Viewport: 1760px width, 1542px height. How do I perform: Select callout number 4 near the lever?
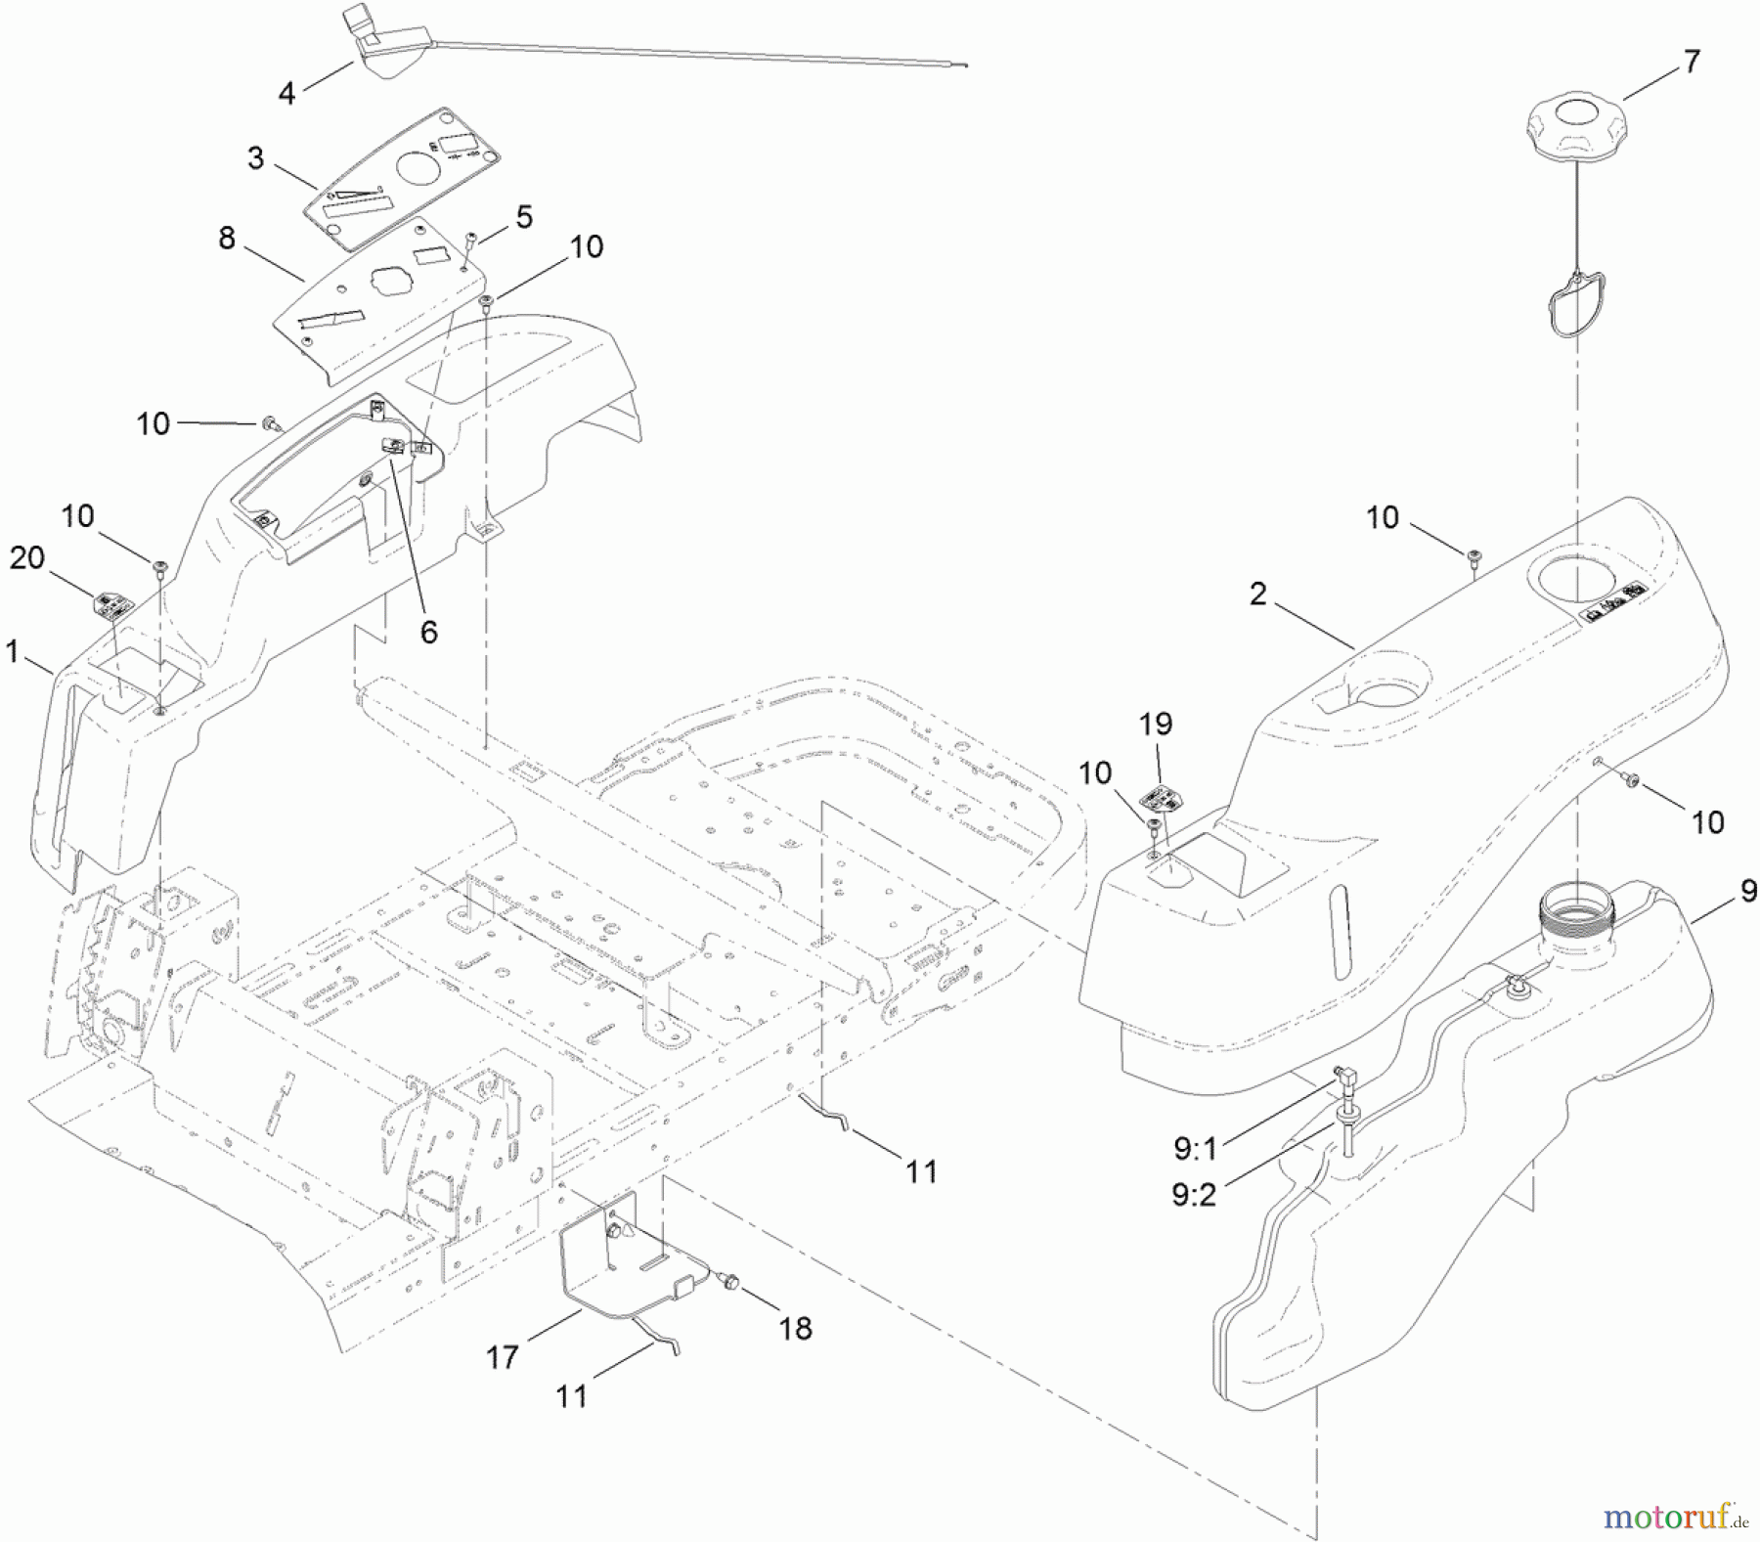(x=286, y=93)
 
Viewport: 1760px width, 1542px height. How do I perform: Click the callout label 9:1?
(x=1195, y=1149)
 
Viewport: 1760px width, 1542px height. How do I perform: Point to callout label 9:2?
(x=1194, y=1194)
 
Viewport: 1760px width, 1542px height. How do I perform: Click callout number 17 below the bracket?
(x=503, y=1357)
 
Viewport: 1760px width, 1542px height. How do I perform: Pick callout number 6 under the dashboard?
(x=428, y=632)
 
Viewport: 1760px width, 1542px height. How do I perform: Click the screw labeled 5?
(x=471, y=238)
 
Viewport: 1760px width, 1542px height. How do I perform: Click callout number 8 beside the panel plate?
(x=227, y=238)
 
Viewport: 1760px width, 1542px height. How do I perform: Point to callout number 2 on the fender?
(x=1257, y=594)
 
